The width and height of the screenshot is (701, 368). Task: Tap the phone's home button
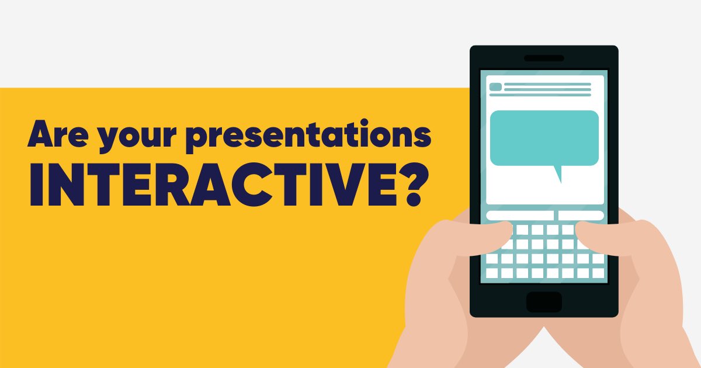click(x=544, y=302)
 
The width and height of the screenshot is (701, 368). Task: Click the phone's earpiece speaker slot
click(x=544, y=58)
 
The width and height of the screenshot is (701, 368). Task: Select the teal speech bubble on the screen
click(x=544, y=138)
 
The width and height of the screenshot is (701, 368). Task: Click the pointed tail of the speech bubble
click(x=558, y=174)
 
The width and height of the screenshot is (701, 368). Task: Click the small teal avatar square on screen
click(x=495, y=87)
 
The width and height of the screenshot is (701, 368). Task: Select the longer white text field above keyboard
click(x=519, y=216)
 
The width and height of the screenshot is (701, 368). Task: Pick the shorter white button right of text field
click(x=581, y=216)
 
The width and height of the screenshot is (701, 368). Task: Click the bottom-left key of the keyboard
click(x=492, y=273)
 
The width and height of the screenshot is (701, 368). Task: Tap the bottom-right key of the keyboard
click(x=598, y=273)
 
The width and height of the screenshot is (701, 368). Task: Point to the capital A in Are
click(x=39, y=135)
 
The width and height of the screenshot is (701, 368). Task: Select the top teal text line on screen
click(x=547, y=84)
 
